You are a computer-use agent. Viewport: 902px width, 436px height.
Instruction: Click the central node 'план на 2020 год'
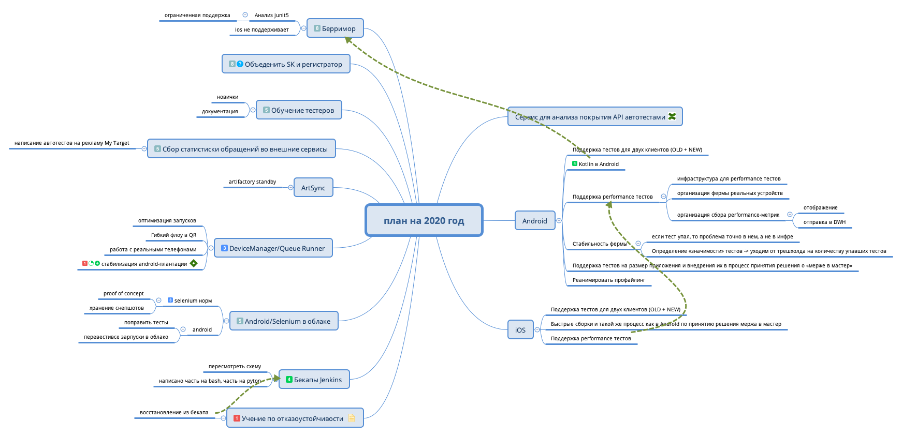click(424, 220)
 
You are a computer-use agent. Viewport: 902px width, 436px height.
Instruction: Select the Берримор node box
click(335, 28)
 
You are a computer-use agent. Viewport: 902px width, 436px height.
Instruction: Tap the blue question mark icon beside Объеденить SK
click(240, 64)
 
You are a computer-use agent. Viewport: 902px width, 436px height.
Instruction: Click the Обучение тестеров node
click(299, 110)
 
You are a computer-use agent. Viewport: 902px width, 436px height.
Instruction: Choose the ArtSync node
click(313, 188)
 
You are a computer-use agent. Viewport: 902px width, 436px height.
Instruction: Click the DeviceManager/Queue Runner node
click(273, 248)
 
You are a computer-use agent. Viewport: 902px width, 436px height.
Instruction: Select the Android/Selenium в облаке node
click(284, 321)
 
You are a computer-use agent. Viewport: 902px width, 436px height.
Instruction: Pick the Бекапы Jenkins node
click(314, 380)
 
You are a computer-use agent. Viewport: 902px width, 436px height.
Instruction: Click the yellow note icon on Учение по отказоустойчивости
click(352, 418)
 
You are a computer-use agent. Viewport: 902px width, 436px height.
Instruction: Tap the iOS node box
click(520, 330)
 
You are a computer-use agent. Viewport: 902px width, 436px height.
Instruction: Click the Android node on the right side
click(534, 221)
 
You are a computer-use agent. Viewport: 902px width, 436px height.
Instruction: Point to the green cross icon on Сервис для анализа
click(672, 116)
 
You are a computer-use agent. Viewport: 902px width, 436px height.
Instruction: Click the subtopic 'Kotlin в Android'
click(599, 164)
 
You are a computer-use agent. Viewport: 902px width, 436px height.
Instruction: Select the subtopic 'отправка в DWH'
click(824, 222)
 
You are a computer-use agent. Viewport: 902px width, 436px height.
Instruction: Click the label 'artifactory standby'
click(252, 182)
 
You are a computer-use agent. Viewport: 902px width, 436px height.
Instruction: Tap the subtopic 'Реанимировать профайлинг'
click(609, 280)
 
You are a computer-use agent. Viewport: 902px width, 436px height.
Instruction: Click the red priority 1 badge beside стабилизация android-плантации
click(85, 264)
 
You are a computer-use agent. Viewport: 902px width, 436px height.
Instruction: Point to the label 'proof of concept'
click(123, 294)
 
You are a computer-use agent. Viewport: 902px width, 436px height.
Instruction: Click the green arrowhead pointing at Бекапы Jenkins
click(276, 379)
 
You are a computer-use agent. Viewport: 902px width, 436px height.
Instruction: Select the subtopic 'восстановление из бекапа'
click(174, 413)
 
